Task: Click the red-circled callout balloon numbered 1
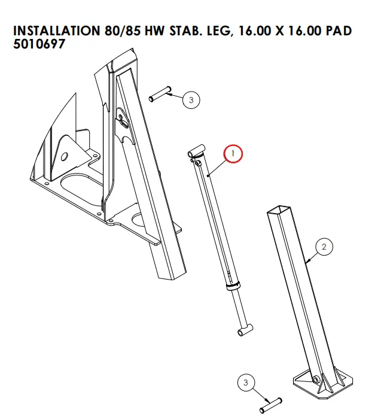click(x=233, y=154)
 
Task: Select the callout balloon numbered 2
click(x=324, y=246)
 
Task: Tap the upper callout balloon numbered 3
click(x=191, y=100)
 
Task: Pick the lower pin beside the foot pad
click(x=270, y=405)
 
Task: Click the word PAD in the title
click(x=338, y=31)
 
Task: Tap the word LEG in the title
click(x=210, y=31)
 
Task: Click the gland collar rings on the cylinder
click(x=233, y=284)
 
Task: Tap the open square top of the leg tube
click(x=279, y=211)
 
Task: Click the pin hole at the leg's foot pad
click(x=316, y=378)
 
